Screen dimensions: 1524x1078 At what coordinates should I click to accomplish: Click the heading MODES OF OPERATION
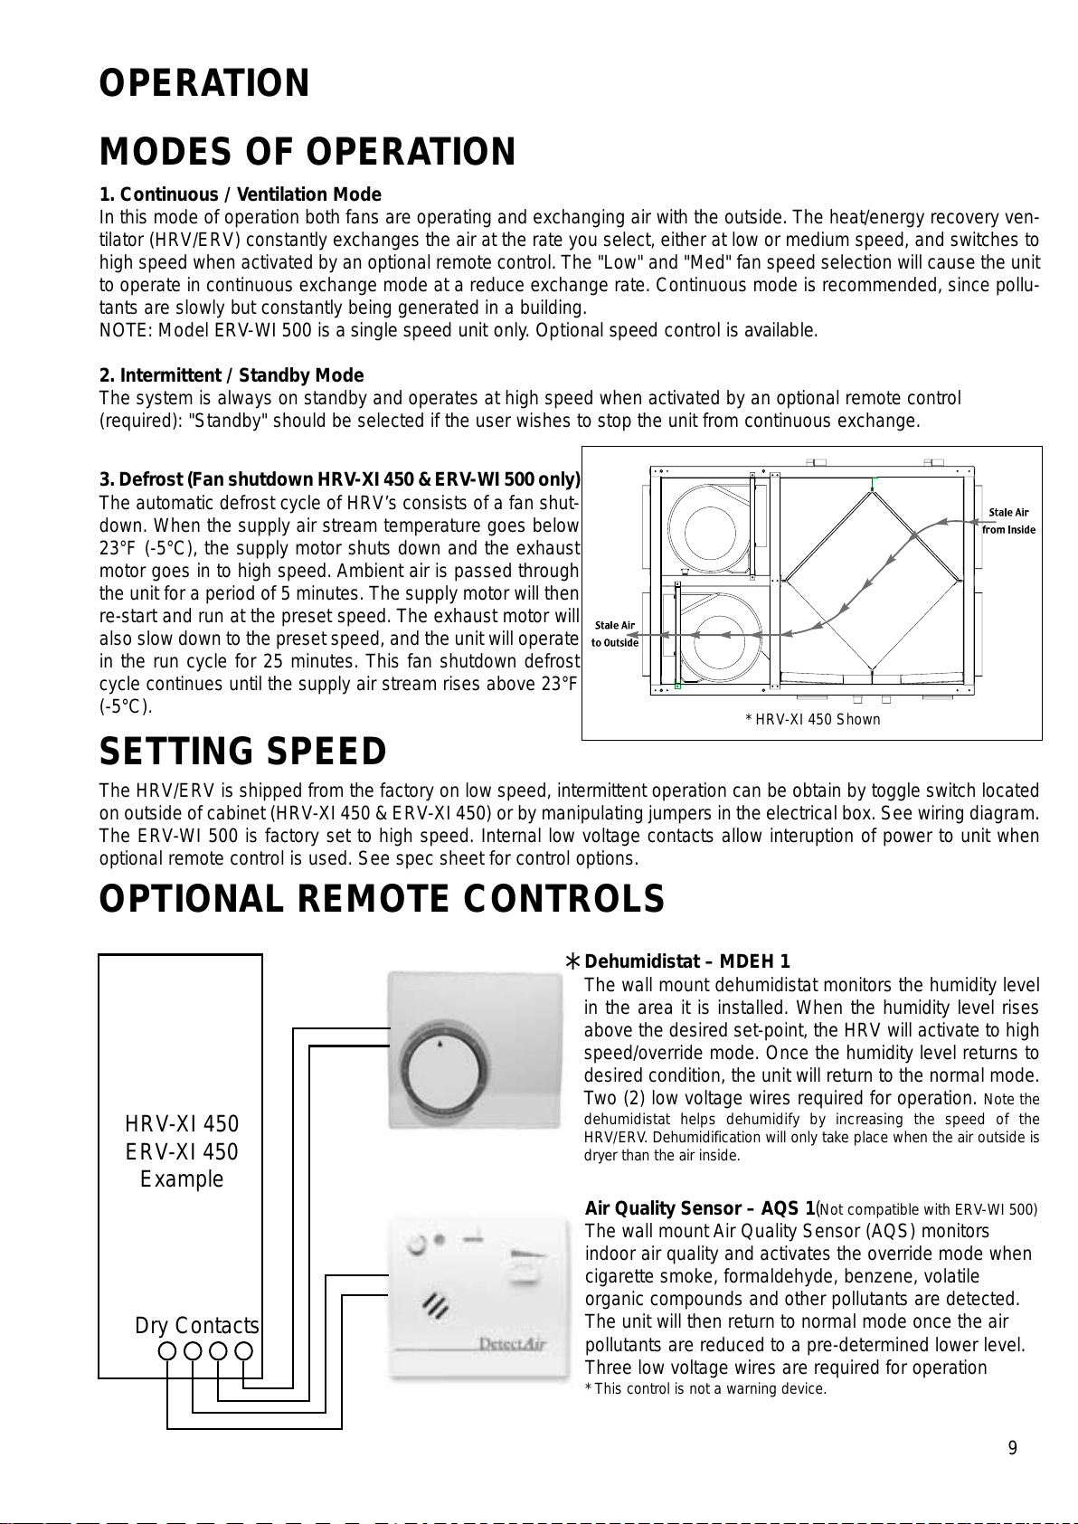307,152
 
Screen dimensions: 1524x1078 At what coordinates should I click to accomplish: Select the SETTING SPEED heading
242,752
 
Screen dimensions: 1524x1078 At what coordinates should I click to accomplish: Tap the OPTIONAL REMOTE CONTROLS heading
382,899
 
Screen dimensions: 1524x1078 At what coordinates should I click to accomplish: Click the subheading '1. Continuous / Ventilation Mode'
240,194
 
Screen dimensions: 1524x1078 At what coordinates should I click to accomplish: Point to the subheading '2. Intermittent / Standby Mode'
231,375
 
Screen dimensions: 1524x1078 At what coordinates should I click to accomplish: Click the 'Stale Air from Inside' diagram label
1008,521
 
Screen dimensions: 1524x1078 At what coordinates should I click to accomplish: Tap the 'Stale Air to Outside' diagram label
615,634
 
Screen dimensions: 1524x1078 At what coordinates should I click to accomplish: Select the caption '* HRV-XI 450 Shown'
812,720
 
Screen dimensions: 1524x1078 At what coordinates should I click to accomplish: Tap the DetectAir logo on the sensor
512,1344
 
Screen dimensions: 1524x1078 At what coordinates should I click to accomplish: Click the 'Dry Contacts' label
197,1326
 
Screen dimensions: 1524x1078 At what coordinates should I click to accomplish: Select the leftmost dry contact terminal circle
167,1351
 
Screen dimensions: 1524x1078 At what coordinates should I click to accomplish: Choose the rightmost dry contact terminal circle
243,1351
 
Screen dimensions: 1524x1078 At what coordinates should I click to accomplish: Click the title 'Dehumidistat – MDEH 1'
687,961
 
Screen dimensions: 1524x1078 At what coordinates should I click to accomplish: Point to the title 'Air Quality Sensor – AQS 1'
700,1208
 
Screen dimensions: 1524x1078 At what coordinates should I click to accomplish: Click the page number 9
1013,1448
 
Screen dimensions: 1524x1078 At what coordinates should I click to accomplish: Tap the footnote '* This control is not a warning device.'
706,1389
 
